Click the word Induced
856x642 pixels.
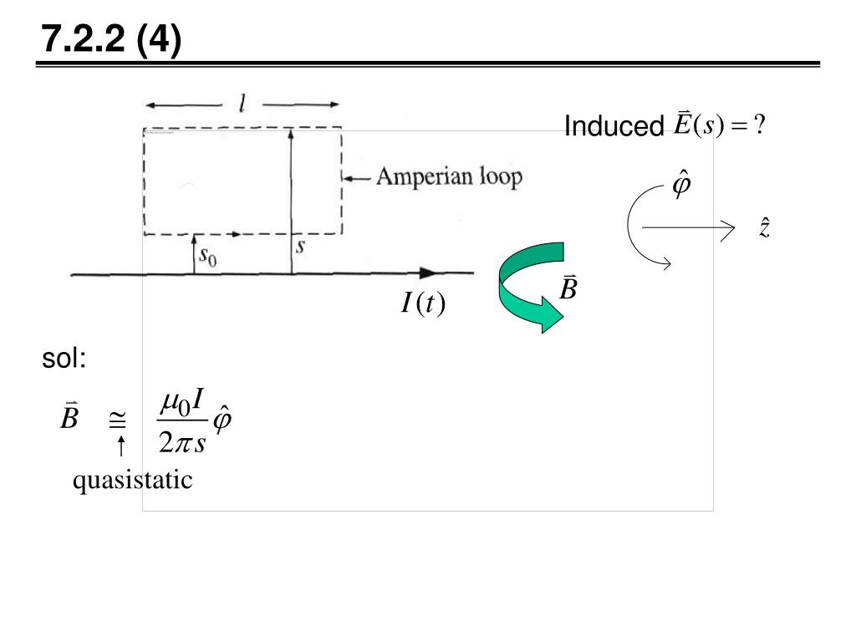(614, 127)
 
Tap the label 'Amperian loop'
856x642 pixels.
(448, 177)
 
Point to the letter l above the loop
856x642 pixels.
(242, 104)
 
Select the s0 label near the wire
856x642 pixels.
(206, 257)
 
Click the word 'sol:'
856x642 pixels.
(64, 359)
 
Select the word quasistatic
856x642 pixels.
(132, 481)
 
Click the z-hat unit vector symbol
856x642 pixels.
(764, 227)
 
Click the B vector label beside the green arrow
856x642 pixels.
(568, 289)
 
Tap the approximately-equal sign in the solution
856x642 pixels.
(120, 422)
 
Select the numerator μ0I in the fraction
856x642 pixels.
(182, 404)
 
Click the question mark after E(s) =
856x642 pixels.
(759, 125)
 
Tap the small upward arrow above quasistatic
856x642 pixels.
(120, 445)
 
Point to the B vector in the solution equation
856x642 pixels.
(69, 417)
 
